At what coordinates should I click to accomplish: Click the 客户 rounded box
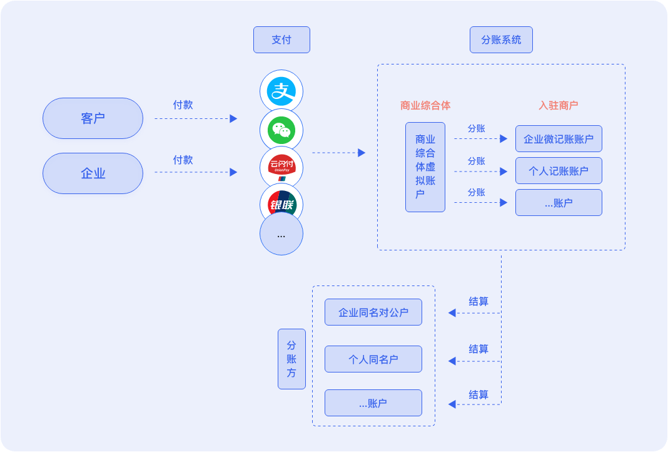point(93,118)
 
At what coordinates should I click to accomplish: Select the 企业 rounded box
point(93,173)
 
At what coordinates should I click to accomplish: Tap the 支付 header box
point(281,40)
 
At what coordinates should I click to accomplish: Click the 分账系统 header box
point(501,40)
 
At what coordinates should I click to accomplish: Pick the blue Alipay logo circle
point(281,91)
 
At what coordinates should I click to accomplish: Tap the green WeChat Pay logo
point(281,130)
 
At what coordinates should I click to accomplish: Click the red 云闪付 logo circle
point(281,167)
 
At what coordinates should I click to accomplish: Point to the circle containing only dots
point(281,235)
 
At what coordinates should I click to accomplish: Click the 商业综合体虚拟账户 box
point(425,167)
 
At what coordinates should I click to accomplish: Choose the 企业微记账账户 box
point(559,138)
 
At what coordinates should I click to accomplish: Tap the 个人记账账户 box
point(559,171)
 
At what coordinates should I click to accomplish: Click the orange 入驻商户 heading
point(559,105)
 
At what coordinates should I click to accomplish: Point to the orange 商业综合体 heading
point(425,105)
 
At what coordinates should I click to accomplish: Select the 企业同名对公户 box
point(373,312)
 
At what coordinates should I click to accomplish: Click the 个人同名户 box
point(373,359)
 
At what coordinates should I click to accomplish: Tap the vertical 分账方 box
point(291,359)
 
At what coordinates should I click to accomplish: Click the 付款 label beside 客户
point(183,105)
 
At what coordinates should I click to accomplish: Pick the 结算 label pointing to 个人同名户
point(478,349)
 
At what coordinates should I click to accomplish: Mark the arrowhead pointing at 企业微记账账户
point(504,139)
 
